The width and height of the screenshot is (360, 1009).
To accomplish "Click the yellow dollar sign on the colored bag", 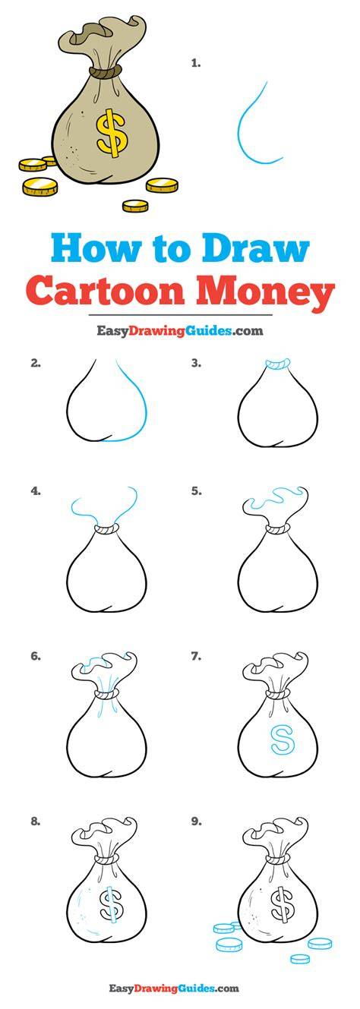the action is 111,132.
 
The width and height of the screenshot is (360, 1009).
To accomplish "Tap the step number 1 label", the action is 195,64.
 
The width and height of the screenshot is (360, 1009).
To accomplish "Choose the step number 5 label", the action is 195,491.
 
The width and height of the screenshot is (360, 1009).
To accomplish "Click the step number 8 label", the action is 36,821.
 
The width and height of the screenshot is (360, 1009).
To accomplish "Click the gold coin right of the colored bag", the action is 162,185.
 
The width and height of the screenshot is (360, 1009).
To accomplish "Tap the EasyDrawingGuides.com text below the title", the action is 180,331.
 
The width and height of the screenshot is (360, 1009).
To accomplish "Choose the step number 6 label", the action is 36,656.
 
